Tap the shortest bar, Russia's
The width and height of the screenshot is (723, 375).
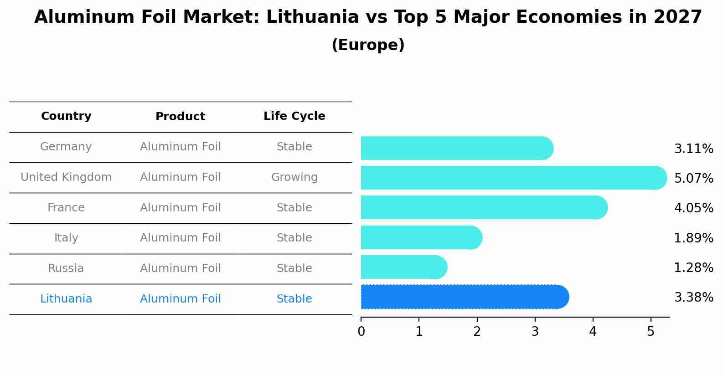click(x=403, y=267)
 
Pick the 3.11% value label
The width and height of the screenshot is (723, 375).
click(x=693, y=149)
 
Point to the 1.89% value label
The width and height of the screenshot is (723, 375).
click(x=693, y=238)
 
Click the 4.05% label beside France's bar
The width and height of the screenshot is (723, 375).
click(x=693, y=208)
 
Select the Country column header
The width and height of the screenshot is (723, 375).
click(x=66, y=116)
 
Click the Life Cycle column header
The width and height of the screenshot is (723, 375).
click(x=294, y=116)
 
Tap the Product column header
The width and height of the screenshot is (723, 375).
click(x=180, y=117)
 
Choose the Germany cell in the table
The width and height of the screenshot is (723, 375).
click(x=66, y=147)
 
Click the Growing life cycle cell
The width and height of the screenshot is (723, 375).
click(x=294, y=177)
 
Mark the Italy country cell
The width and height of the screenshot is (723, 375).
click(x=66, y=238)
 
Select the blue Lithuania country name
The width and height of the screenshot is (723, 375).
click(x=66, y=299)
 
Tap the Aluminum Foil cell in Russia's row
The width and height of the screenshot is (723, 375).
click(x=180, y=268)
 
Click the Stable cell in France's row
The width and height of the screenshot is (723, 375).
click(x=294, y=208)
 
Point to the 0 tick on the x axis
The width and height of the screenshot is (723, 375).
click(x=361, y=332)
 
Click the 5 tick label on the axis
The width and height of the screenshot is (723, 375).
click(x=651, y=332)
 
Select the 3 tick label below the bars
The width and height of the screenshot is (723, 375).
click(x=535, y=332)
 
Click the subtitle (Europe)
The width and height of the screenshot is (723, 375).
click(x=368, y=45)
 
